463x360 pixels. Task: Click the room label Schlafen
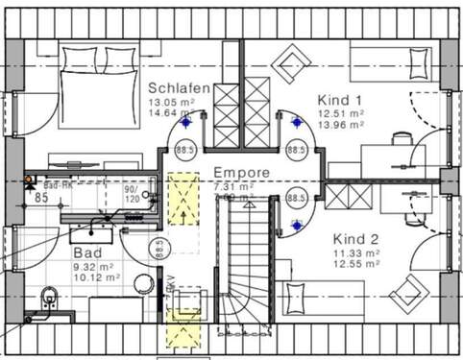coord(178,86)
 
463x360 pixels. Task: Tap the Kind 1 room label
coord(339,99)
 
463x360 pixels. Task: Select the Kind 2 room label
coord(356,237)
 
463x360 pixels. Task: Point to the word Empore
coord(242,174)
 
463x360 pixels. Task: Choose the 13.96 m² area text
coord(340,125)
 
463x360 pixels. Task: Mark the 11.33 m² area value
coord(356,252)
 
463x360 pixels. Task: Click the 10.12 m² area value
coord(96,277)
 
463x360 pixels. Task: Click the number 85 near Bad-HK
coord(41,198)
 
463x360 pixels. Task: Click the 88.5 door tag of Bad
coord(157,249)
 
